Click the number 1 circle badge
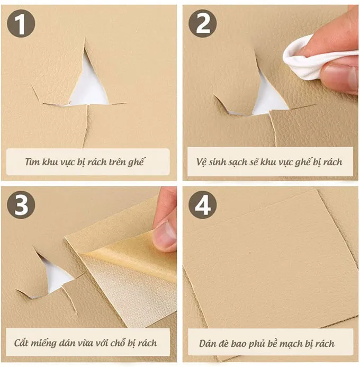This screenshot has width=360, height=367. pyautogui.click(x=21, y=23)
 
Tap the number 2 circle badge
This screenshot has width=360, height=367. pyautogui.click(x=203, y=23)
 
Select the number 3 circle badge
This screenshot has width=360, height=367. pyautogui.click(x=21, y=204)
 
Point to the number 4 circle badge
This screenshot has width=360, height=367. pyautogui.click(x=203, y=204)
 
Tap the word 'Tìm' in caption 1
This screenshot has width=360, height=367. pyautogui.click(x=32, y=162)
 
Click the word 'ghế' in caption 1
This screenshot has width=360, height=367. pyautogui.click(x=136, y=162)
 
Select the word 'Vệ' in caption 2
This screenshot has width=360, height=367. pyautogui.click(x=201, y=162)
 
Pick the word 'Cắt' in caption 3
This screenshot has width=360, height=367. pyautogui.click(x=21, y=343)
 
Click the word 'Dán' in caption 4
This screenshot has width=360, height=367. pyautogui.click(x=207, y=343)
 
